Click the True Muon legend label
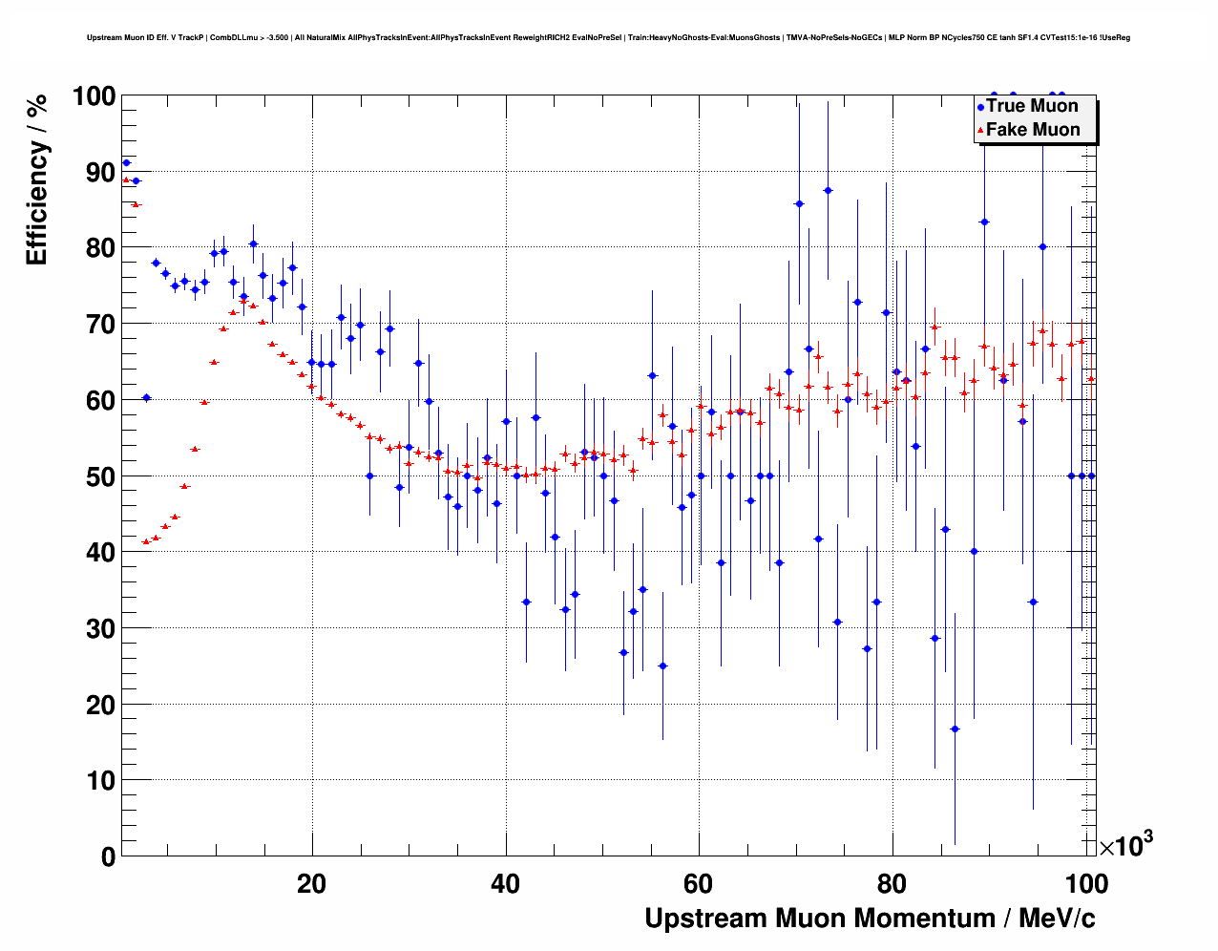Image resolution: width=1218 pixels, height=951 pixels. pyautogui.click(x=1032, y=106)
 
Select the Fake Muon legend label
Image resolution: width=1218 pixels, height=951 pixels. pyautogui.click(x=1033, y=130)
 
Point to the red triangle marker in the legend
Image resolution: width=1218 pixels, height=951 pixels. pyautogui.click(x=980, y=131)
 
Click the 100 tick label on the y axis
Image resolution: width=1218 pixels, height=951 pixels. pyautogui.click(x=93, y=96)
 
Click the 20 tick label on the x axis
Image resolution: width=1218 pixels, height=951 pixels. pyautogui.click(x=311, y=884)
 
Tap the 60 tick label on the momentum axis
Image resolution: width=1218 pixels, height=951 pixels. pyautogui.click(x=699, y=884)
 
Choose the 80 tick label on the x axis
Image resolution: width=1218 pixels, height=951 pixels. pyautogui.click(x=892, y=884)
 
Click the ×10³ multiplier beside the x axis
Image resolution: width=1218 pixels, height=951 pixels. pyautogui.click(x=1126, y=844)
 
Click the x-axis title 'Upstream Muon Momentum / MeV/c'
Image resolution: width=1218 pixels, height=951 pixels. pyautogui.click(x=870, y=919)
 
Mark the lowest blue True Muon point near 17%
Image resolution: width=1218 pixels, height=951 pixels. pyautogui.click(x=955, y=729)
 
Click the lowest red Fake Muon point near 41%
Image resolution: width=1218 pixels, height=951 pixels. pyautogui.click(x=146, y=541)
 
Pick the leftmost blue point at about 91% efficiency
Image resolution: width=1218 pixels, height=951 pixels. pyautogui.click(x=126, y=163)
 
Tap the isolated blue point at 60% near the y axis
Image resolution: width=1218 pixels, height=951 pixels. pyautogui.click(x=146, y=397)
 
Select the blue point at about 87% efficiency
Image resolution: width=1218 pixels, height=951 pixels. pyautogui.click(x=828, y=191)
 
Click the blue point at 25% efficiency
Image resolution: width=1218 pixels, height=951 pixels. pyautogui.click(x=662, y=666)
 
